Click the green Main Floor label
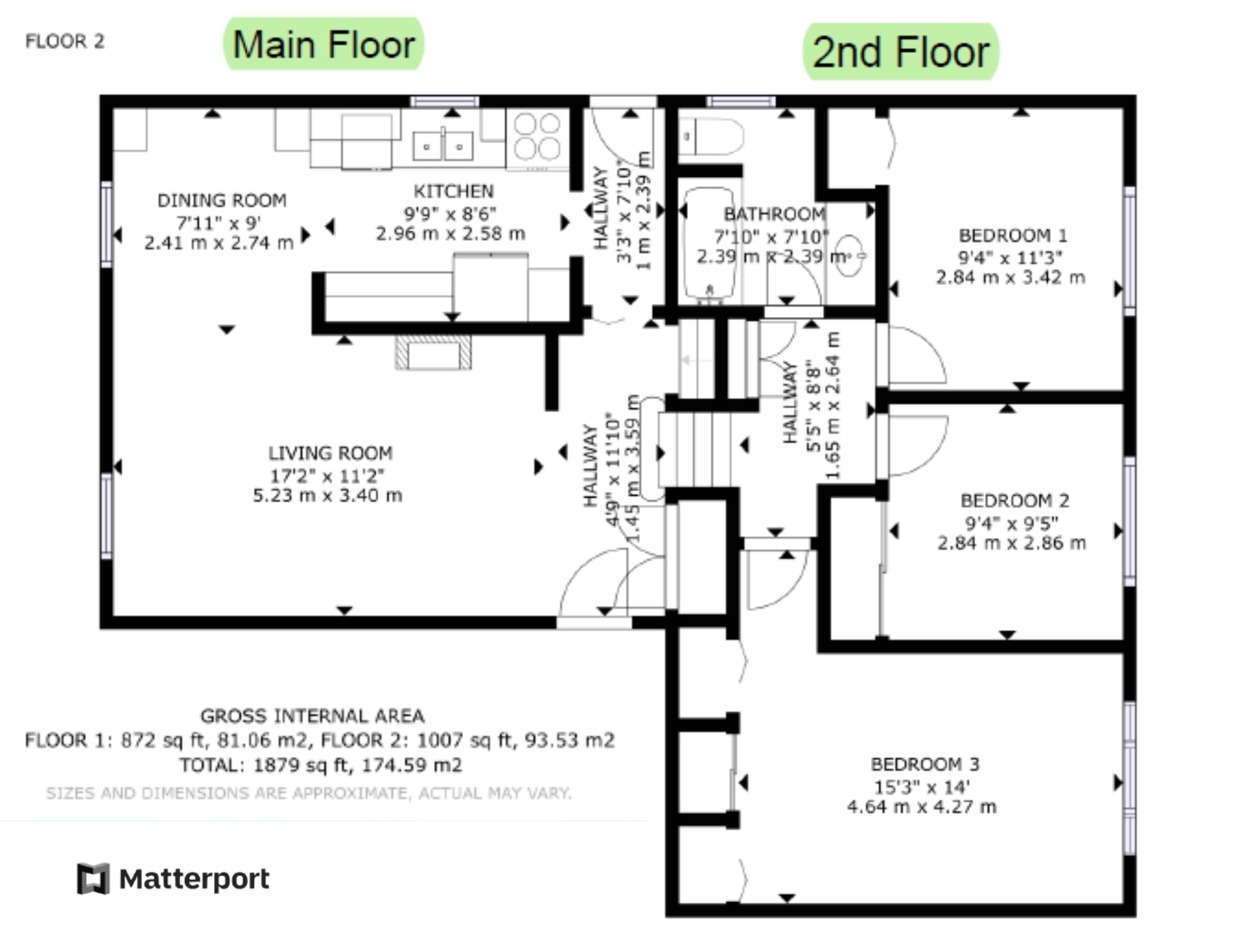point(323,44)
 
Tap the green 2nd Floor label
point(901,52)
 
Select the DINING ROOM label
point(222,200)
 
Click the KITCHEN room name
point(454,191)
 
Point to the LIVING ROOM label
point(330,453)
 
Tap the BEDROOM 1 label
point(1012,236)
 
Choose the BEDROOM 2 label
point(1015,501)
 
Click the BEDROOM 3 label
point(925,764)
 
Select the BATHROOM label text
point(774,214)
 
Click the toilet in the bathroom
point(711,137)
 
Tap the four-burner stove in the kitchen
point(537,138)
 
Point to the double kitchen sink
point(443,146)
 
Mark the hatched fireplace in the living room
point(433,352)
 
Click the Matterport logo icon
point(93,879)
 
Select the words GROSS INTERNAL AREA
point(312,716)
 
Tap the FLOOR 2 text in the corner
point(65,41)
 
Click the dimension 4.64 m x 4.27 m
point(922,807)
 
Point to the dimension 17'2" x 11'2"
point(327,476)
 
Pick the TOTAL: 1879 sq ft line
point(321,765)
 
